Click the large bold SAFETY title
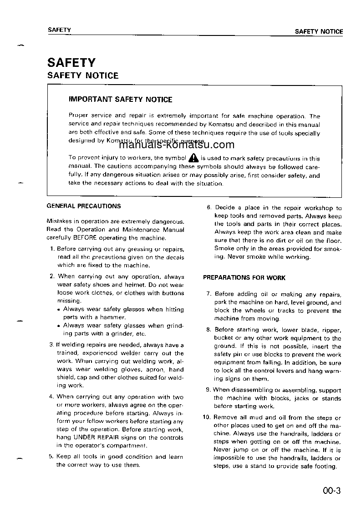point(71,62)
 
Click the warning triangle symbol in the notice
point(193,158)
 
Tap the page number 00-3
point(331,491)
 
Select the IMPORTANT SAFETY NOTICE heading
point(120,99)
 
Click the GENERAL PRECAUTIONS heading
point(84,206)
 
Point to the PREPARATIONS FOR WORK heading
point(244,278)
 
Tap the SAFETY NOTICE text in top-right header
point(319,31)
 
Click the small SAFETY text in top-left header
point(59,30)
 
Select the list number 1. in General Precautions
point(52,249)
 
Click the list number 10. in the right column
point(207,417)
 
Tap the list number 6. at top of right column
point(208,208)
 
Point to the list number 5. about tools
point(51,457)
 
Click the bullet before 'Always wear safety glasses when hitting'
point(59,310)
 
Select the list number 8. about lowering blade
point(208,330)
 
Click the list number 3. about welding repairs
point(51,345)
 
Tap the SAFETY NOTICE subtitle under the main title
point(83,76)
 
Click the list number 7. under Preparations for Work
point(208,294)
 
